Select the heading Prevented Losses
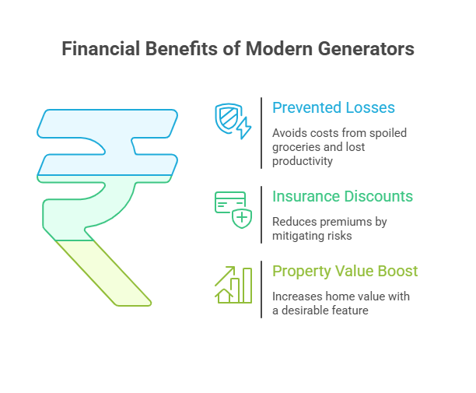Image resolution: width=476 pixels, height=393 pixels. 333,108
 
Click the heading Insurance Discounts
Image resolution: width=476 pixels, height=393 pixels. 342,196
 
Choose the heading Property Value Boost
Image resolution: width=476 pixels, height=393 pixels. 345,271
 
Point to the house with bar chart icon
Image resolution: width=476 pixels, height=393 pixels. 233,285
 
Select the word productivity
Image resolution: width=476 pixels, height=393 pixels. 303,161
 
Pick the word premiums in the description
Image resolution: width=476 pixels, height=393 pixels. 344,222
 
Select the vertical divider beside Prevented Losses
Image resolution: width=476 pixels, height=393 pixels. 261,133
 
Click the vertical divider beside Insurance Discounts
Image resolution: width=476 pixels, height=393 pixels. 261,214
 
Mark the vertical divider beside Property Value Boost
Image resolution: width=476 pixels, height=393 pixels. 261,289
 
